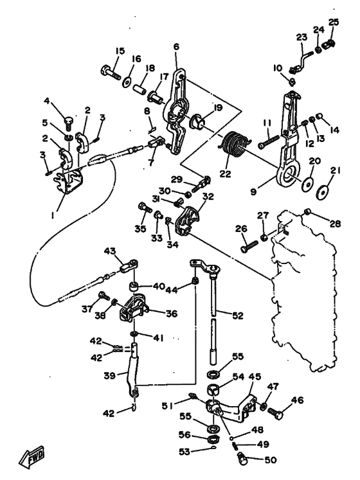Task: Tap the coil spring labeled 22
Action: coord(235,144)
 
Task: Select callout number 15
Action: coord(120,51)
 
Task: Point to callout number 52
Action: coord(238,316)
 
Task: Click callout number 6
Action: coord(176,47)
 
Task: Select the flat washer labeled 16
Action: coord(126,82)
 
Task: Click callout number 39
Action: coord(109,376)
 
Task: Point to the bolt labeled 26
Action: coord(249,246)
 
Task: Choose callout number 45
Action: coord(255,377)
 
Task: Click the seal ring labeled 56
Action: coord(213,440)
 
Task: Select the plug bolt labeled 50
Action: coord(242,459)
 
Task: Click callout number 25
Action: coord(334,22)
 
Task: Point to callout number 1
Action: coord(53,215)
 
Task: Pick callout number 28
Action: coord(336,224)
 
